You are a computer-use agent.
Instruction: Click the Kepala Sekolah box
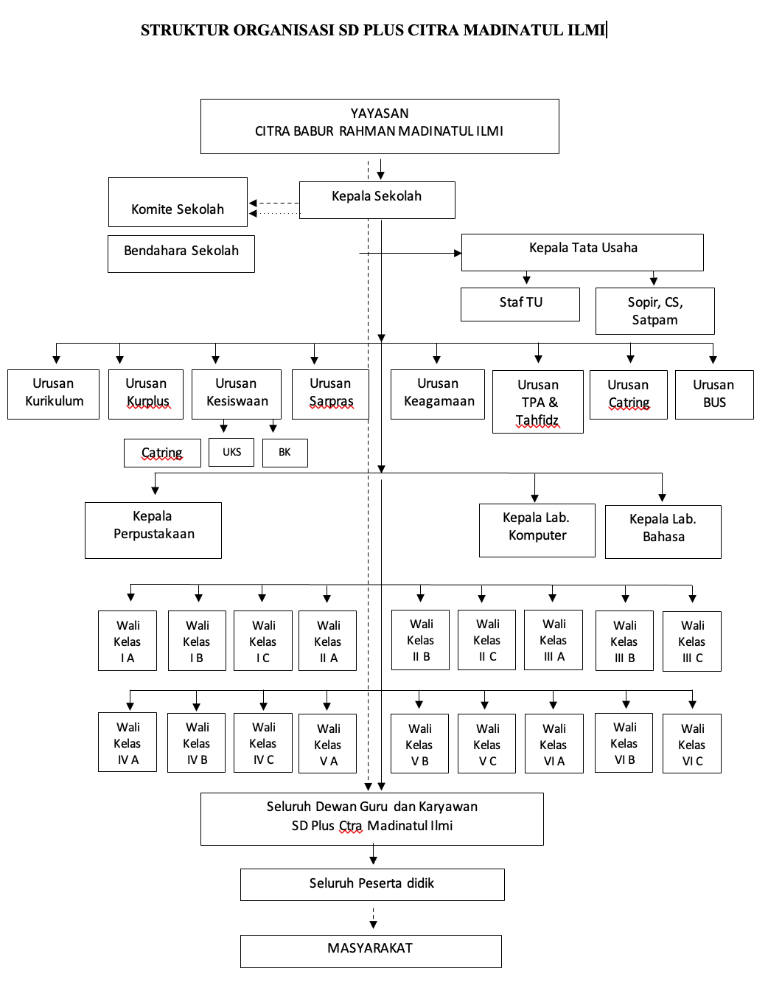(x=377, y=200)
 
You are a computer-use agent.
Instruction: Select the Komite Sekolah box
(x=178, y=202)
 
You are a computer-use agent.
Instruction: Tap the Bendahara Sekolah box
(x=181, y=254)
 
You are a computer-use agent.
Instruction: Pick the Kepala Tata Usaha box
(x=582, y=252)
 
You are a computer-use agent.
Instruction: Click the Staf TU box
(x=520, y=305)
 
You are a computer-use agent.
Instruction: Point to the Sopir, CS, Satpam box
(x=654, y=311)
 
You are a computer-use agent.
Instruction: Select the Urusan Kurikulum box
(x=53, y=394)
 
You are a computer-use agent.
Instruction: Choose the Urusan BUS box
(x=714, y=394)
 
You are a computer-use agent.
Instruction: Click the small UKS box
(x=231, y=453)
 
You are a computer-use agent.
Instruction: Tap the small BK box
(x=285, y=453)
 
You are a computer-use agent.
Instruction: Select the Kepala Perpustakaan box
(x=153, y=530)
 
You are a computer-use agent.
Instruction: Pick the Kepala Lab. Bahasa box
(x=663, y=532)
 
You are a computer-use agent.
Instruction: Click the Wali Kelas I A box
(x=128, y=641)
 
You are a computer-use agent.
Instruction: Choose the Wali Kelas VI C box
(x=691, y=743)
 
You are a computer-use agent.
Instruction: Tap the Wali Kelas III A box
(x=553, y=640)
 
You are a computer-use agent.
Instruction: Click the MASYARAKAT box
(x=371, y=951)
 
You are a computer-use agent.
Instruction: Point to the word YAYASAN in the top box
(x=380, y=114)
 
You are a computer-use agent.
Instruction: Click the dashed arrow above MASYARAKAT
(x=373, y=918)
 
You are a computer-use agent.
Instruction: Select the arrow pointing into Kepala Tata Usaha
(x=411, y=253)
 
